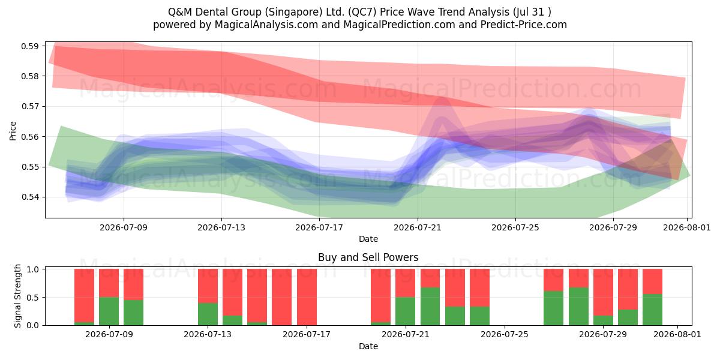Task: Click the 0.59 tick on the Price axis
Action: coord(30,46)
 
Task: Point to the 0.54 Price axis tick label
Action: coord(30,197)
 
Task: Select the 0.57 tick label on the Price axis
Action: coord(30,106)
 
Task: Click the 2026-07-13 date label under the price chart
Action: coord(221,227)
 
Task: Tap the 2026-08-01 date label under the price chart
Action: coord(687,227)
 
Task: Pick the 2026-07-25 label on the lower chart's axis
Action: coord(505,334)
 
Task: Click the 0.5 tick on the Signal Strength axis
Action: coord(32,298)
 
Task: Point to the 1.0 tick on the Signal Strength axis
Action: coord(32,269)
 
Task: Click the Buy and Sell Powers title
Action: coord(368,257)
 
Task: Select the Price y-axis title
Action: coord(13,131)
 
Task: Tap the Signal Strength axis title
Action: coord(17,296)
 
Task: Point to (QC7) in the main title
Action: coord(362,12)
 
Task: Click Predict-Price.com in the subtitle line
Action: coord(524,25)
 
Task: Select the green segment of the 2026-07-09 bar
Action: coord(109,311)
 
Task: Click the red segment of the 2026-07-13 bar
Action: coord(208,286)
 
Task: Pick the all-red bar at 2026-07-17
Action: coord(307,297)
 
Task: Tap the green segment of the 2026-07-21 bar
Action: coord(406,311)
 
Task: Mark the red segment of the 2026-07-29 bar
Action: coord(603,293)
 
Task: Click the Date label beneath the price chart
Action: coord(368,239)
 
